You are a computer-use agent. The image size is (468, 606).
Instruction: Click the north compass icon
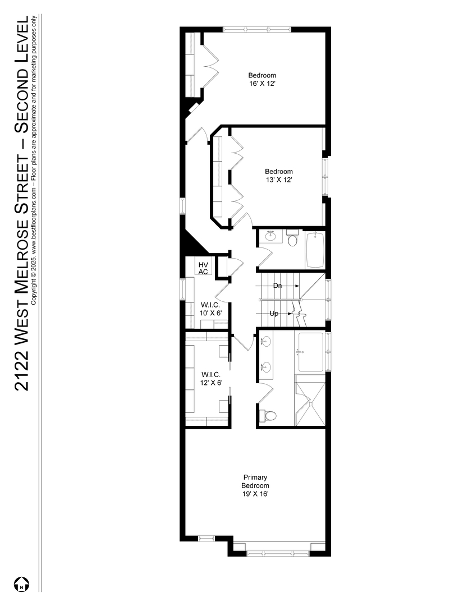click(22, 584)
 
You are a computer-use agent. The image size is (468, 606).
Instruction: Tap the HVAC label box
click(203, 268)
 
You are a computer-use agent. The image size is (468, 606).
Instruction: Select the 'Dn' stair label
click(277, 286)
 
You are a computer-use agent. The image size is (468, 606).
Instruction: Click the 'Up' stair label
click(274, 314)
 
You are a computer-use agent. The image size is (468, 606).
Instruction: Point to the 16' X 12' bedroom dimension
click(262, 84)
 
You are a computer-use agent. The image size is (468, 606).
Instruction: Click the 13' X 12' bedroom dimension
click(279, 180)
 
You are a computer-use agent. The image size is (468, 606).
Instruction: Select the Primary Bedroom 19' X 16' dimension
click(255, 494)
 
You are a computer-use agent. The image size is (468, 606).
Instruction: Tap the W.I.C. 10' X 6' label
click(210, 309)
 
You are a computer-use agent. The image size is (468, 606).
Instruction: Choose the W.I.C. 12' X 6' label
click(211, 379)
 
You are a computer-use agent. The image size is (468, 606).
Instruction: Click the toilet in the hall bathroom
click(293, 238)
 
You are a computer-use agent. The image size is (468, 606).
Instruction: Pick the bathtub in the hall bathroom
click(315, 250)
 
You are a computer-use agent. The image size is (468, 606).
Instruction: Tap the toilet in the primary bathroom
click(268, 416)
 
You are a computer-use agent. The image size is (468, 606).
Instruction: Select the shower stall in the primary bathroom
click(310, 401)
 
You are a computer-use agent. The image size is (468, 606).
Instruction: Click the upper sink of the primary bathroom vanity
click(266, 341)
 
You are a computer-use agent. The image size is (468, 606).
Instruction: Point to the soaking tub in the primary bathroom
click(311, 352)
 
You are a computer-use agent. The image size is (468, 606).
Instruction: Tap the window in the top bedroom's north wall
click(257, 29)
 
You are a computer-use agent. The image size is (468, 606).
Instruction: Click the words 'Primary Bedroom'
click(255, 481)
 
